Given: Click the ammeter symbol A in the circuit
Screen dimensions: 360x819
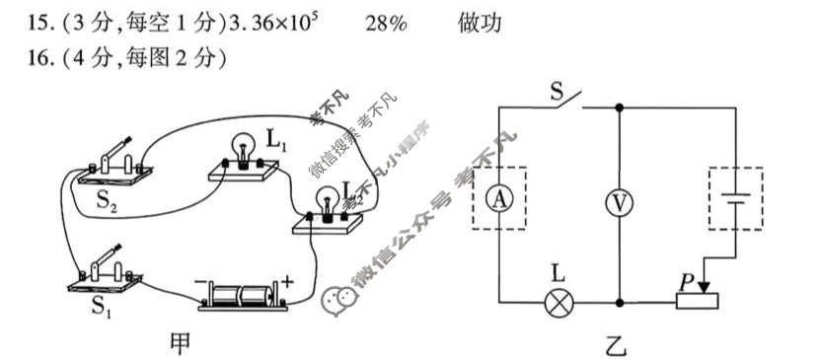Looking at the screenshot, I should [500, 198].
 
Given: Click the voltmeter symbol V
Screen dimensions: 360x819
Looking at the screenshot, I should [618, 201].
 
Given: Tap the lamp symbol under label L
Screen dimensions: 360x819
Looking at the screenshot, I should [560, 302].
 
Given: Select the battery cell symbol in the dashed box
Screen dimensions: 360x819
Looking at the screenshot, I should [734, 197].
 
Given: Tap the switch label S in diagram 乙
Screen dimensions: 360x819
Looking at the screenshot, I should [557, 94].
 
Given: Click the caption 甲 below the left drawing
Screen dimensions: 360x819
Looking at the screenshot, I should [182, 342].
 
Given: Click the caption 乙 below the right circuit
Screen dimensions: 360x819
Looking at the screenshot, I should [617, 344].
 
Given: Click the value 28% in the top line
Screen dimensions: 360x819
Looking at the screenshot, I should [384, 23].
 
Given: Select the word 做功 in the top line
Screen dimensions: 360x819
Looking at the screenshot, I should [481, 23].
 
